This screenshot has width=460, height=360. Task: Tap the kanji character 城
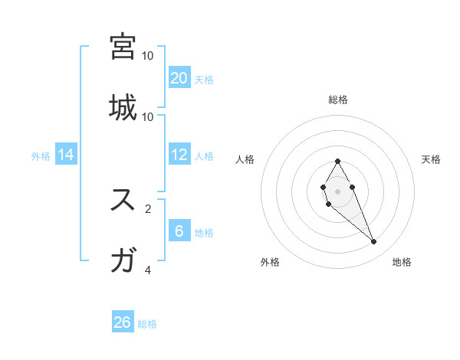[123, 107]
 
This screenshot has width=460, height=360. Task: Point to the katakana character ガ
[123, 260]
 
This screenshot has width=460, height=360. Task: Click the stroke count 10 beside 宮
[148, 56]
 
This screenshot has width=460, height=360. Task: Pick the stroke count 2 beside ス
[148, 208]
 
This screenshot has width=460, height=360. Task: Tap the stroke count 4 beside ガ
[148, 270]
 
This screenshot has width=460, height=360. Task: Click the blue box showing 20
[179, 78]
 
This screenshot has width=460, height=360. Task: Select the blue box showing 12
[179, 155]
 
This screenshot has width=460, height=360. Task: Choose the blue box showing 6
[179, 231]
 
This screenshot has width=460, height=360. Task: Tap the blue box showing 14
[66, 155]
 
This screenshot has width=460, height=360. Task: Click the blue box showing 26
[123, 322]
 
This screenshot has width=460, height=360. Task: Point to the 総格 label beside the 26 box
[147, 324]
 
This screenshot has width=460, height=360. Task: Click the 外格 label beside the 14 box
[41, 156]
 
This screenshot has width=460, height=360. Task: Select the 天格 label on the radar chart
[431, 159]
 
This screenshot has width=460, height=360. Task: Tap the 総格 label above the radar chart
[337, 100]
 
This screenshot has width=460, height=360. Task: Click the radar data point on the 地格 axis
[374, 242]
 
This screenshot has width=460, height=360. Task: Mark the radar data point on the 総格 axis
[337, 161]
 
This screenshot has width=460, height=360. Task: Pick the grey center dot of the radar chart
[337, 190]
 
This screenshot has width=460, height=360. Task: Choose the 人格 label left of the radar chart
[245, 159]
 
